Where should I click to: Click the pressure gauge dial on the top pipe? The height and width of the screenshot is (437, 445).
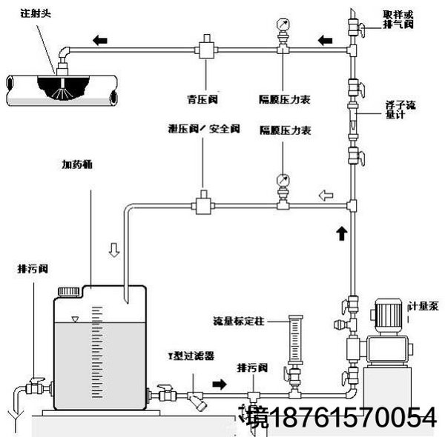pyautogui.click(x=283, y=24)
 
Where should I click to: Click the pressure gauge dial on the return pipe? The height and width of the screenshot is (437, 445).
pyautogui.click(x=283, y=180)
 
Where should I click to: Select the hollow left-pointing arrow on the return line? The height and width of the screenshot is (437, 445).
pyautogui.click(x=325, y=196)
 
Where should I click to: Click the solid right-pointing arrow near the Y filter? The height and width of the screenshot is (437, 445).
pyautogui.click(x=221, y=384)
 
